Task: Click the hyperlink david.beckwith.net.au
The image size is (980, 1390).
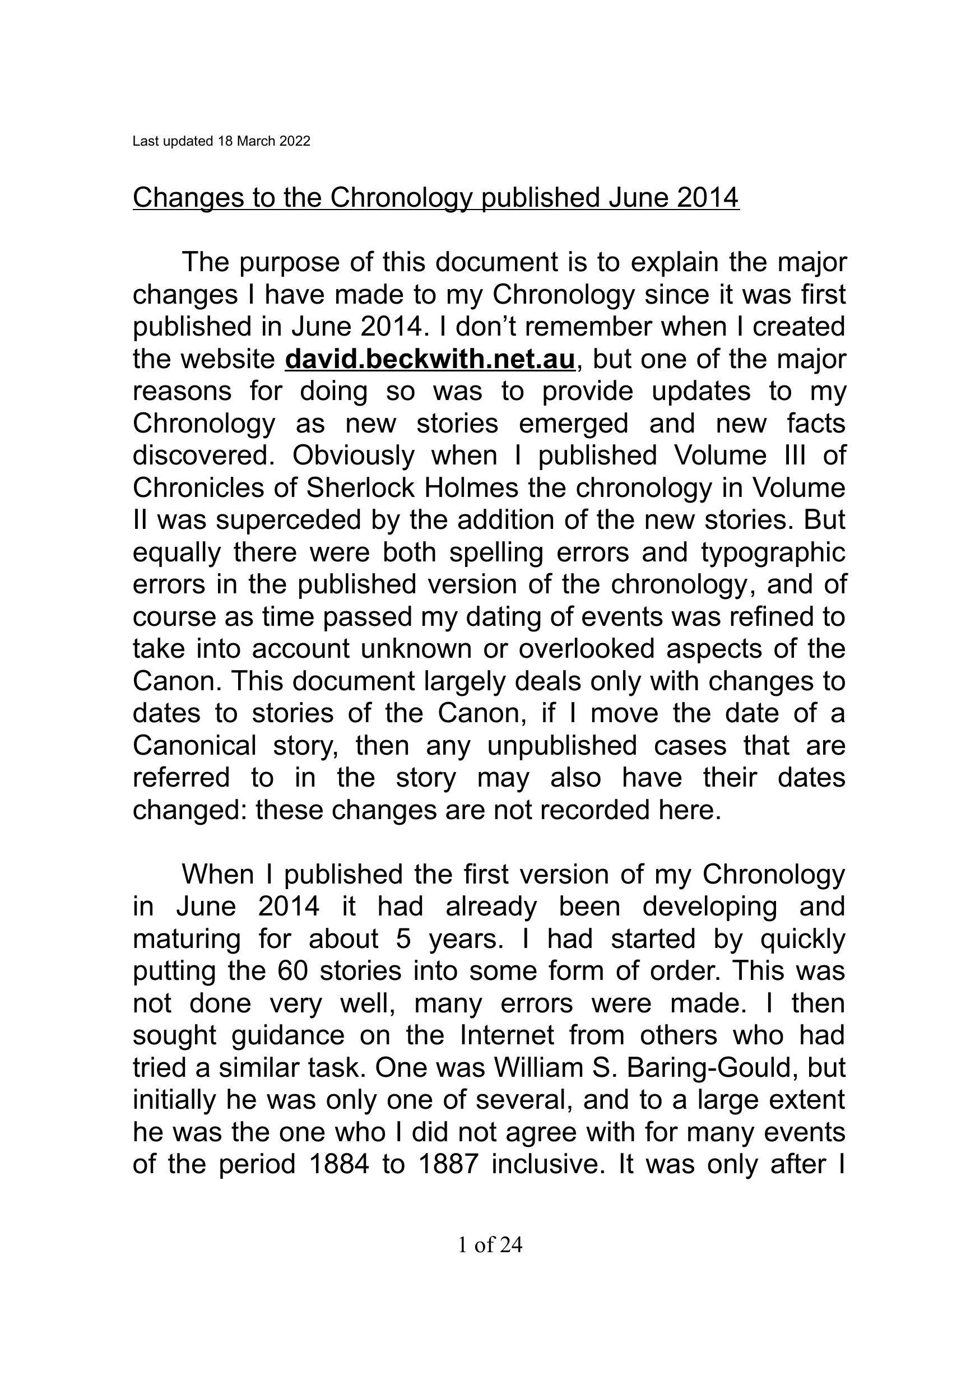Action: click(429, 359)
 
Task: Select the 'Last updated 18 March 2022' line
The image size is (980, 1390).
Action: click(221, 141)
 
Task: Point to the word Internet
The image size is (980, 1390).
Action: click(507, 1035)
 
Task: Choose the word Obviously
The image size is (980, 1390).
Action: click(354, 455)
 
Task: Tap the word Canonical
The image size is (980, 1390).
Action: click(194, 745)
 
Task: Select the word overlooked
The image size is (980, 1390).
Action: click(587, 649)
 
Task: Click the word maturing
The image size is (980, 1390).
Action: click(187, 939)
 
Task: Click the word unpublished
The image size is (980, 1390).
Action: click(562, 745)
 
